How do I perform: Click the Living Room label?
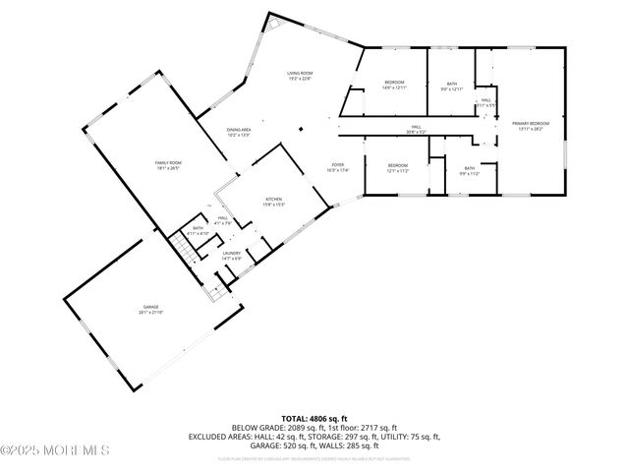pos(299,76)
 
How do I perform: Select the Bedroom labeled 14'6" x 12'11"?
pos(394,85)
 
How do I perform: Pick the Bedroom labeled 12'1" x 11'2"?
pos(397,167)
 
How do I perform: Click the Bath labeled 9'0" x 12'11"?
pos(451,86)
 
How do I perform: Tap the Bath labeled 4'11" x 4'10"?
pos(199,230)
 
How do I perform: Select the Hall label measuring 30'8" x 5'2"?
pos(416,128)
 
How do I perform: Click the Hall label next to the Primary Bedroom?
pos(486,102)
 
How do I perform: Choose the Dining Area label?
pos(239,132)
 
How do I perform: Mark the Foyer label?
pos(337,167)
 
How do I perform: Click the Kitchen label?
pos(273,202)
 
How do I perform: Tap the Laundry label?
pos(231,256)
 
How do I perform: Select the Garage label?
pos(150,310)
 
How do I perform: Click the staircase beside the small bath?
pos(183,247)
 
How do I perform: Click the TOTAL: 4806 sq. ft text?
pos(314,419)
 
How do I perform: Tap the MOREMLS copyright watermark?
pos(56,450)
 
